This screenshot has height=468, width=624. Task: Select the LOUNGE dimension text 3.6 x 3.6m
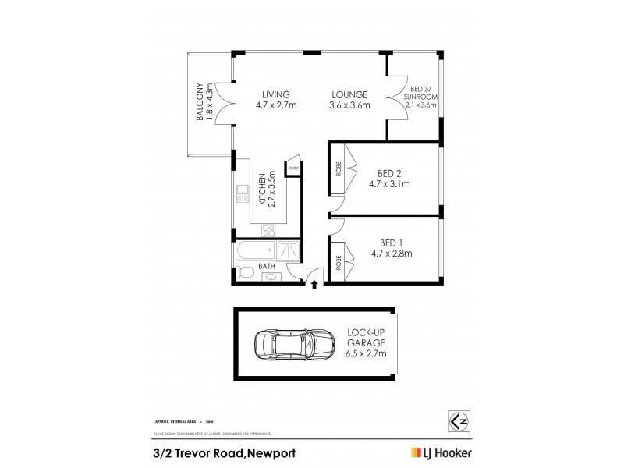(349, 106)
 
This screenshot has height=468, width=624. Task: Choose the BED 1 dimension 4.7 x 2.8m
(391, 253)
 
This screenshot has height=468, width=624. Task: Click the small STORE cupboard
(294, 168)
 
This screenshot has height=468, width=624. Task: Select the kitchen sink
(243, 192)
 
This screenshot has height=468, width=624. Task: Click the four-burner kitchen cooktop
(268, 230)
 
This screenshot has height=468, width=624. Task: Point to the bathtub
(253, 251)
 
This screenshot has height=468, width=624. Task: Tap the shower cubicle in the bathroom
(287, 251)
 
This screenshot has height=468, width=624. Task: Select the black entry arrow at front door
(314, 285)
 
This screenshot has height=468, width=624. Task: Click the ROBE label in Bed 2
(339, 167)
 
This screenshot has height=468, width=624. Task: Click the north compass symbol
(459, 420)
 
